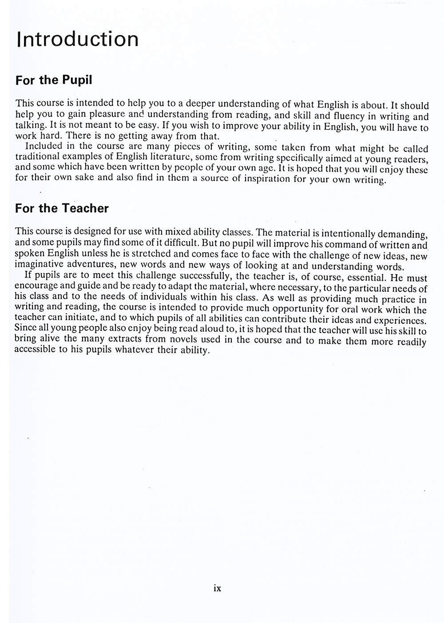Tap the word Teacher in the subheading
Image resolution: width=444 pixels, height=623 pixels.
click(85, 208)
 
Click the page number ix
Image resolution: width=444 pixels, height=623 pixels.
click(217, 588)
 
